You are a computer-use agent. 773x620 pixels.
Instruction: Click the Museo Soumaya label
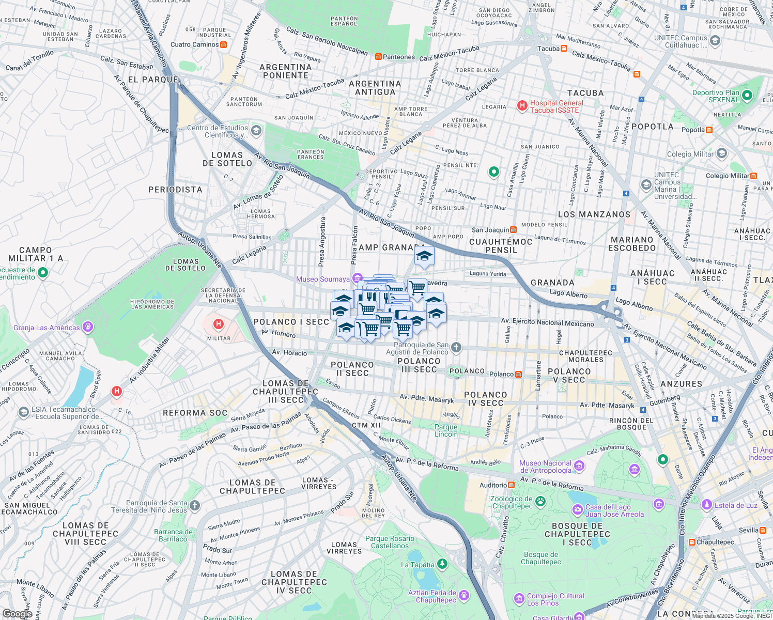point(323,279)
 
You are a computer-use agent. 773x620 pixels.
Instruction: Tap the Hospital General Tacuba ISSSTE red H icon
point(522,106)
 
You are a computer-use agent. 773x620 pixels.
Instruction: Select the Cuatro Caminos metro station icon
point(223,44)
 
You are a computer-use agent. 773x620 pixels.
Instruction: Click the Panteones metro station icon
point(378,57)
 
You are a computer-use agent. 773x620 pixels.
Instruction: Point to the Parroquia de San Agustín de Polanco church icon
point(456,347)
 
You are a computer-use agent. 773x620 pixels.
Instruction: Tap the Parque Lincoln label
point(446,430)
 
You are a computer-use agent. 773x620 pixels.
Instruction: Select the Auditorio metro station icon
point(511,485)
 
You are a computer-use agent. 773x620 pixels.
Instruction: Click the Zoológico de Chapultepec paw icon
point(540,501)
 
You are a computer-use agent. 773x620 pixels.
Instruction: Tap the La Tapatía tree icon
point(442,564)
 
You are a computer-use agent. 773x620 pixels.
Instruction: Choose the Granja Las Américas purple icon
point(88,327)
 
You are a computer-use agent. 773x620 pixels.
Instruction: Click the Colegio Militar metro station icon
point(753,176)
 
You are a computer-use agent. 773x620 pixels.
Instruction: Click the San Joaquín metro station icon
point(513,230)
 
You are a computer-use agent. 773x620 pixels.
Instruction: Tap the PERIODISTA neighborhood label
point(175,190)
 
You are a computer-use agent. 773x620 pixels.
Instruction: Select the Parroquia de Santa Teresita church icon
point(194,505)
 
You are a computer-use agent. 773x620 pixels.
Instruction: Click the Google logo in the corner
point(17,613)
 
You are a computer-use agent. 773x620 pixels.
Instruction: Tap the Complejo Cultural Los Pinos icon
point(519,599)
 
